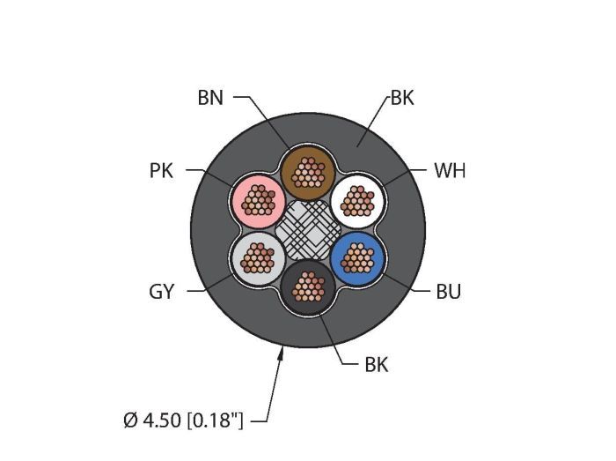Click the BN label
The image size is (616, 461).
210,98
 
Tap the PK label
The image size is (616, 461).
161,171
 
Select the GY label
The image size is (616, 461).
161,292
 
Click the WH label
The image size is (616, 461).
450,171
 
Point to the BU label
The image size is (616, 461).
448,292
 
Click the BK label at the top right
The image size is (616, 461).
402,98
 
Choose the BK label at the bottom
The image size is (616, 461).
377,365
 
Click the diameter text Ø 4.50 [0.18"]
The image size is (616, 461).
183,420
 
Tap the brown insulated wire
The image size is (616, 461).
308,173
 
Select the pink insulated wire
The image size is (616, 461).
258,201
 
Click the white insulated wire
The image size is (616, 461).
357,201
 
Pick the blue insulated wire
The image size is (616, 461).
357,258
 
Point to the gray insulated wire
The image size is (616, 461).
258,258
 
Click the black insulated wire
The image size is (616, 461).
308,286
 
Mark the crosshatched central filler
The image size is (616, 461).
308,230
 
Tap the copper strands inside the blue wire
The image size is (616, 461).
357,258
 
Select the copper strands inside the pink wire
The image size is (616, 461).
258,200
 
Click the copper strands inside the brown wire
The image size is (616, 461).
308,172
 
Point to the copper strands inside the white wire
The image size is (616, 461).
357,201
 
